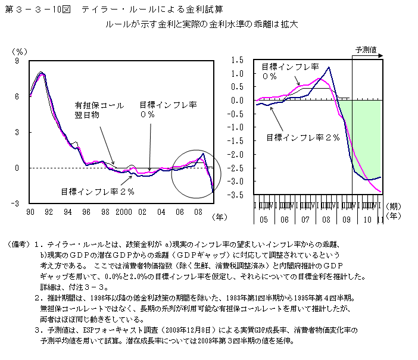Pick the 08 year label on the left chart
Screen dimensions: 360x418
pos(198,212)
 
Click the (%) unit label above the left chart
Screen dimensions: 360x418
pos(21,51)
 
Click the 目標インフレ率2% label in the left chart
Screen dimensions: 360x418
pos(98,192)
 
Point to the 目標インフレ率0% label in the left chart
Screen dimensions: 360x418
pos(169,109)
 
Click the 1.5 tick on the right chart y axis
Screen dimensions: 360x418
pos(238,60)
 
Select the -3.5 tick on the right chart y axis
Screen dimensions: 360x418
pos(236,195)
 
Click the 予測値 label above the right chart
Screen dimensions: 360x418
pos(366,49)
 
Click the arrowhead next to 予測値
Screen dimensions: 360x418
pos(381,55)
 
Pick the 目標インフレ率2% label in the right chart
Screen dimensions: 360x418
pos(302,137)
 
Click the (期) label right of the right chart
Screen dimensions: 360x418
pos(394,206)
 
